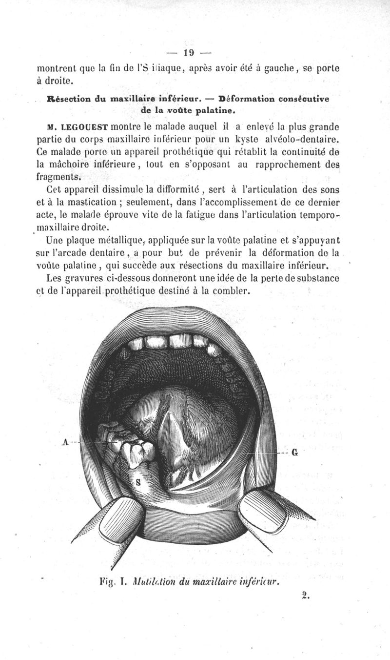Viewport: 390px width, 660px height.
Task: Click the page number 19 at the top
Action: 188,53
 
